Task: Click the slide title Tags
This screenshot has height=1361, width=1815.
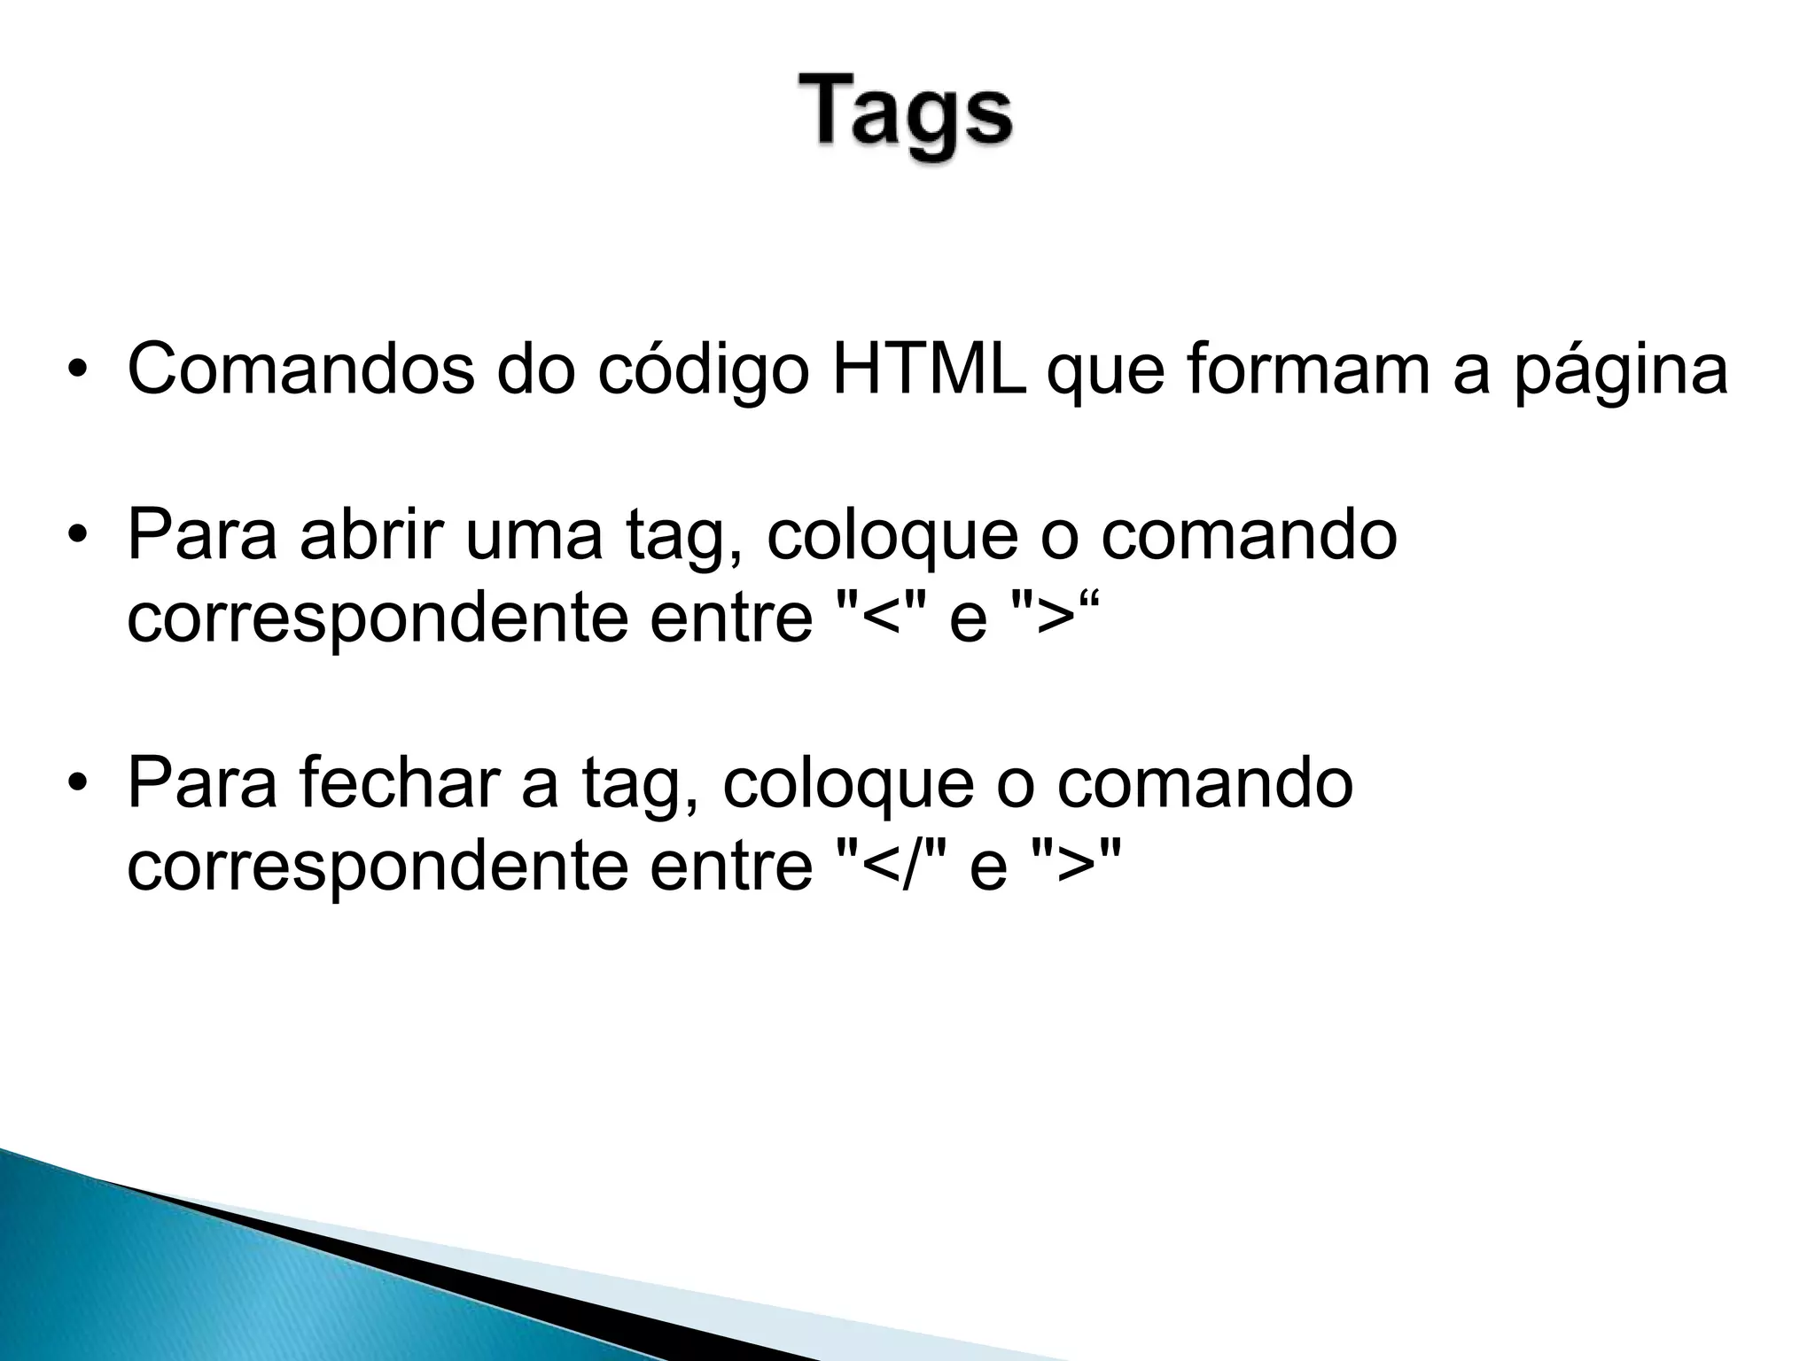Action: pyautogui.click(x=906, y=118)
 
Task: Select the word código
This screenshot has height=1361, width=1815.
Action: pyautogui.click(x=703, y=370)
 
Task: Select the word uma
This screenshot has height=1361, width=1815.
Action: pyautogui.click(x=534, y=536)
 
